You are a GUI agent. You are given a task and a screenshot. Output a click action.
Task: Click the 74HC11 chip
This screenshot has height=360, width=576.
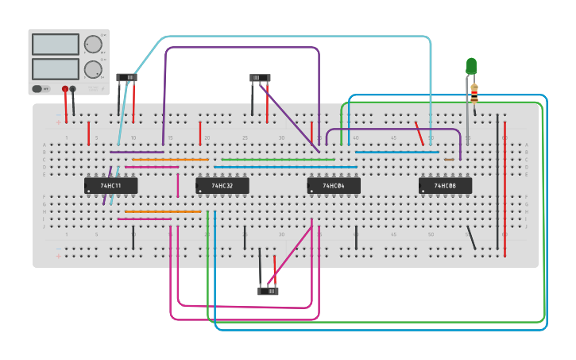[110, 185]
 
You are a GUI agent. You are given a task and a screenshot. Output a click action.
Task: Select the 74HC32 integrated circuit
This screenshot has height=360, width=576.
[222, 185]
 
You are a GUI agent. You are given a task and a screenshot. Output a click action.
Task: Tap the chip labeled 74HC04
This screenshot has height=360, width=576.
[334, 185]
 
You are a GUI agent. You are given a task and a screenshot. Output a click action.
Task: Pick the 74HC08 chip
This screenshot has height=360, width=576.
[445, 185]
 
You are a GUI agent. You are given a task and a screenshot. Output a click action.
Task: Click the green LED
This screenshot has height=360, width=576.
[471, 65]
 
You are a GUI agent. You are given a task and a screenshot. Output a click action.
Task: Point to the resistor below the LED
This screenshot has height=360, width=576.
[474, 92]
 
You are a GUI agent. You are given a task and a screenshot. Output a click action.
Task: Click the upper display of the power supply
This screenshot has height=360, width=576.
[55, 45]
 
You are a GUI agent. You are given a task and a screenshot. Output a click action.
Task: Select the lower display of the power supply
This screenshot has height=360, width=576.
[55, 68]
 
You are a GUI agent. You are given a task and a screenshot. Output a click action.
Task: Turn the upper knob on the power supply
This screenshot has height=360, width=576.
[93, 44]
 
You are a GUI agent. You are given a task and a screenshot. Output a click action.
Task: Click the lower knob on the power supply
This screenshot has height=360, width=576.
[93, 69]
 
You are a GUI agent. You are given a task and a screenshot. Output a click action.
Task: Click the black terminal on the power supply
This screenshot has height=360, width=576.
[73, 88]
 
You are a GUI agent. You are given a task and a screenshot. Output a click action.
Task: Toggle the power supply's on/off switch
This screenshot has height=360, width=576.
[37, 88]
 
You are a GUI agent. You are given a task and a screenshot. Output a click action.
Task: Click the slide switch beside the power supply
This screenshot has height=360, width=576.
[126, 77]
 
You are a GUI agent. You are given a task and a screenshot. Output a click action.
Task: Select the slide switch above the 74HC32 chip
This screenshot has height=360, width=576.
[260, 78]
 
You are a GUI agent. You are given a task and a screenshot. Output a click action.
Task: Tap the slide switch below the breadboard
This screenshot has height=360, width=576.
[268, 291]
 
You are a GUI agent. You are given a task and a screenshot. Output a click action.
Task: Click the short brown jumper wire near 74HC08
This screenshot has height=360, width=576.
[449, 160]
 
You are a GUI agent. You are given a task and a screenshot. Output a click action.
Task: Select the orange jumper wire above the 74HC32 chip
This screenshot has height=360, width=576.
[170, 160]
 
